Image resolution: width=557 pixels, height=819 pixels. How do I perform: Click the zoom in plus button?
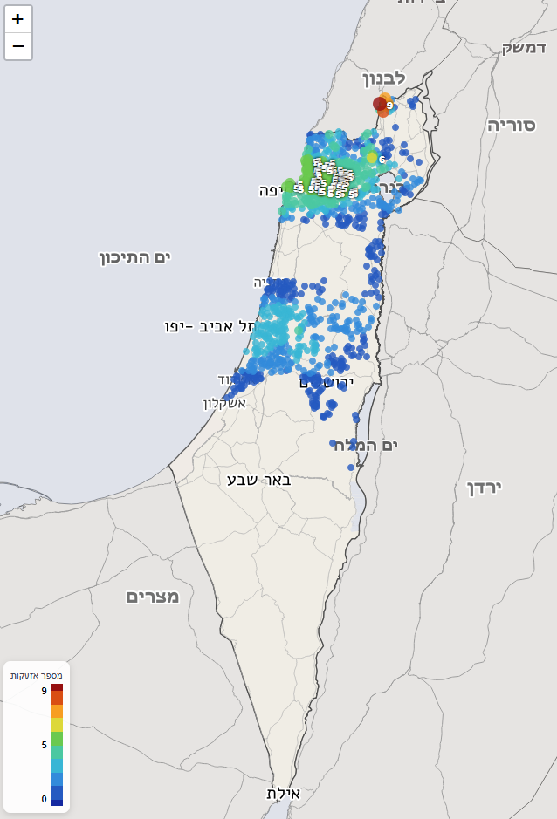point(18,19)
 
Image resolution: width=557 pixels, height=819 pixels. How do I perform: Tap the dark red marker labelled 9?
point(380,104)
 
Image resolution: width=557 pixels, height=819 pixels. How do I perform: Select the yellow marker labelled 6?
point(373,158)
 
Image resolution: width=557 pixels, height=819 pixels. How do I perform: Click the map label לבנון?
point(383,78)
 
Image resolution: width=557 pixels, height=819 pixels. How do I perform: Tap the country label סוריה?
point(511,124)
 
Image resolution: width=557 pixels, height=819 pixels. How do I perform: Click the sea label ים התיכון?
point(134,256)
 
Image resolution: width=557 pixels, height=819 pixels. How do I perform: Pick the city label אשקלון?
point(224,403)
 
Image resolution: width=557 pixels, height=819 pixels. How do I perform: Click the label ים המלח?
point(365,446)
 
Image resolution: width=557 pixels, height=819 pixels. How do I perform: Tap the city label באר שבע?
point(258,479)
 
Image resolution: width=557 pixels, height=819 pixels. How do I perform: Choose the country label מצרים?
point(153,597)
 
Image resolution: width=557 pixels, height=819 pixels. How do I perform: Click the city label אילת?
point(283,794)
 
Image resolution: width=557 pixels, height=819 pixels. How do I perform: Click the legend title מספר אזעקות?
point(36,675)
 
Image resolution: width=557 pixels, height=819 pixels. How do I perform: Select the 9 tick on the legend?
point(44,690)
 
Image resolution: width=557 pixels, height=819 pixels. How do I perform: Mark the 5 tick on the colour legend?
point(44,745)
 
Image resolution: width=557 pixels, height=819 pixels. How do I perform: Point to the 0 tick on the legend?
point(44,799)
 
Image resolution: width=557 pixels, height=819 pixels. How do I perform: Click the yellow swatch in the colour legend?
point(57,725)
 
